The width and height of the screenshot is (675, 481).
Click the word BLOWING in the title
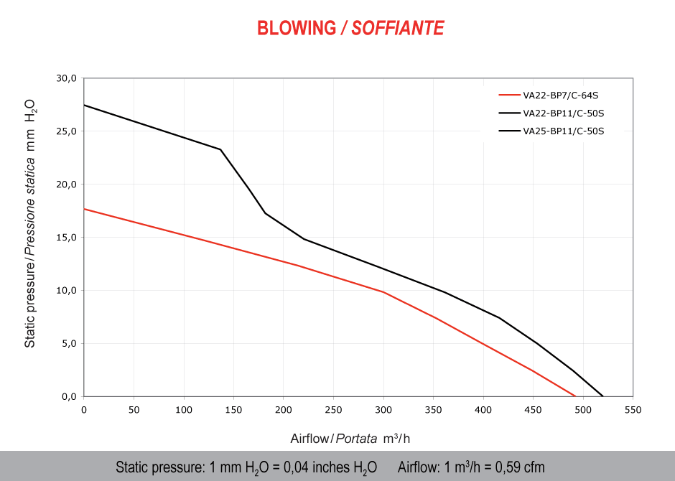(296, 28)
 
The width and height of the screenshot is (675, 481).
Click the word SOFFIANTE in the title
(398, 28)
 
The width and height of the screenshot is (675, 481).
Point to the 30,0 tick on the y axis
(66, 78)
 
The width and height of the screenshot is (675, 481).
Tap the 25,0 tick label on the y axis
(66, 131)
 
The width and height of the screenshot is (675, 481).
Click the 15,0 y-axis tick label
(66, 238)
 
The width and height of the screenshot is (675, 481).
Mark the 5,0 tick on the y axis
(68, 344)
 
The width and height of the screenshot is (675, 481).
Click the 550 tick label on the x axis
(633, 410)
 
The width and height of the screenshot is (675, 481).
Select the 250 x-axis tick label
(333, 410)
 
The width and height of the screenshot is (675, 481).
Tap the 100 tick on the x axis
(184, 410)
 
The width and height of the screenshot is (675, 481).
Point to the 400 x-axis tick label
(483, 410)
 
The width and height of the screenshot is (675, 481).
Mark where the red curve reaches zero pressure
(575, 396)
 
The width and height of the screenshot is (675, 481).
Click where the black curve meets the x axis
(603, 396)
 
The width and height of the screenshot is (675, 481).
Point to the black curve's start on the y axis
(85, 105)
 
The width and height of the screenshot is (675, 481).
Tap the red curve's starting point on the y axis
(85, 209)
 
